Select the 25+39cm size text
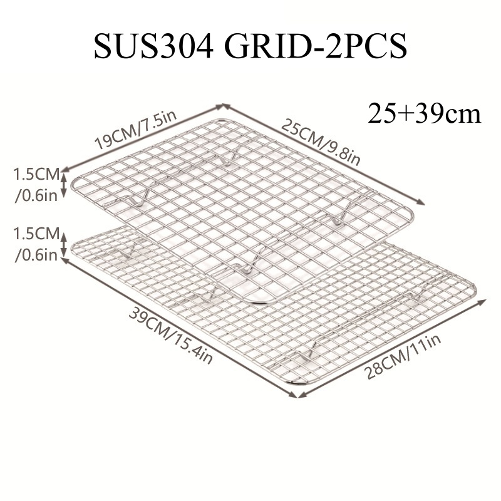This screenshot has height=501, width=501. [x=424, y=113]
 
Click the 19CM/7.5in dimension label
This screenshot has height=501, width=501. [x=136, y=130]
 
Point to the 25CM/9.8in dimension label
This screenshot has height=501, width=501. [x=321, y=142]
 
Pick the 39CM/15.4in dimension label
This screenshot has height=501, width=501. [x=170, y=335]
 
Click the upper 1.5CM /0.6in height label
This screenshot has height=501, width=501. [x=36, y=185]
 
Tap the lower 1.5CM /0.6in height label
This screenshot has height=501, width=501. [x=36, y=244]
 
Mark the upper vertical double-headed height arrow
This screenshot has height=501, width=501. [x=64, y=185]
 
